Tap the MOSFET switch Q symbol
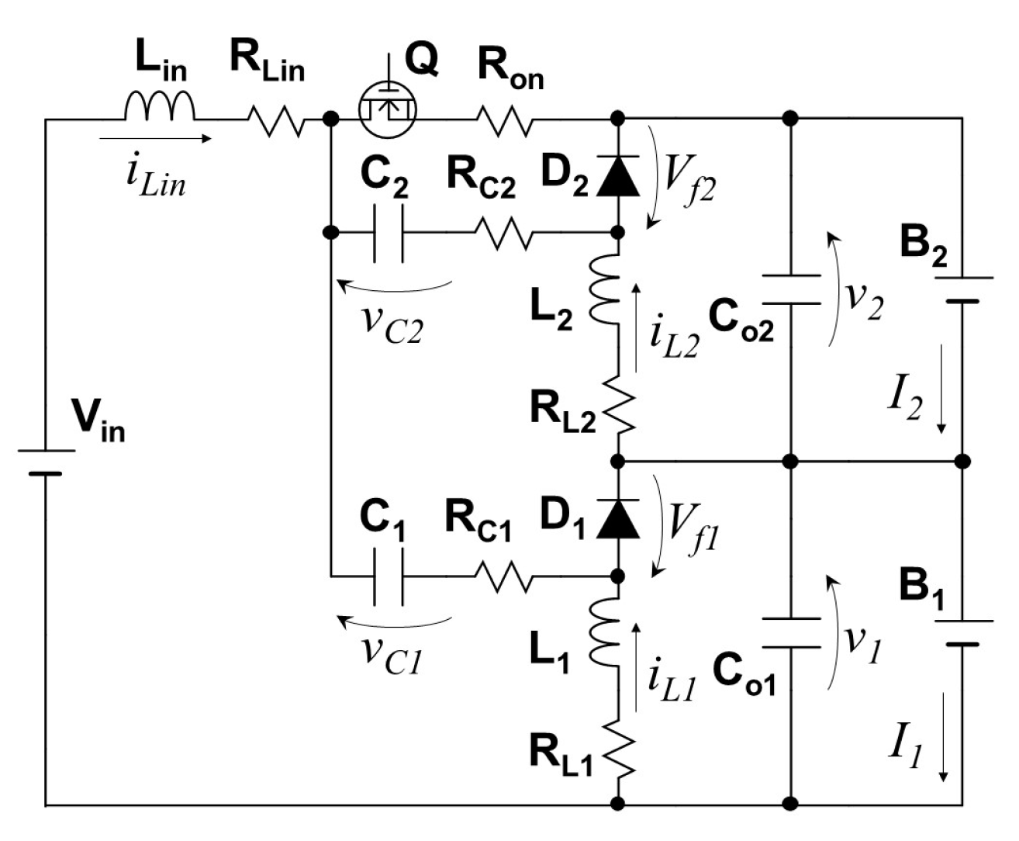387,108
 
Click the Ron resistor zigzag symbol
504,120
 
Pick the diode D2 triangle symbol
618,178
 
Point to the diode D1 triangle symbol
618,521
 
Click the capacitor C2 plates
388,232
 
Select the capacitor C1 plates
388,576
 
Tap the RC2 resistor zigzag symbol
503,232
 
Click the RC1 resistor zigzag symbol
503,576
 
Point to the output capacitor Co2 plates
790,289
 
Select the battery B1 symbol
962,632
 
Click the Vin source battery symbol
46,461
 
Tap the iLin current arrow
155,140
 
